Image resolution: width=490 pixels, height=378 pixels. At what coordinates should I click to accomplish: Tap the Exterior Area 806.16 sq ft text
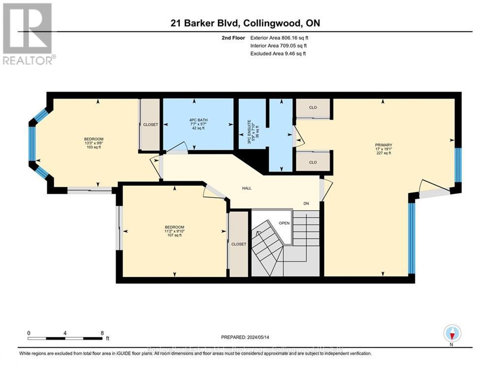(279, 37)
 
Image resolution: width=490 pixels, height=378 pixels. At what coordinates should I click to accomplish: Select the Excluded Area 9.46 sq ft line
(278, 53)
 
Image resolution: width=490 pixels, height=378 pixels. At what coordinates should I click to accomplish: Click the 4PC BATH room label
(198, 125)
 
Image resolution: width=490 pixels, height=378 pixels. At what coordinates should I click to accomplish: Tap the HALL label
(247, 188)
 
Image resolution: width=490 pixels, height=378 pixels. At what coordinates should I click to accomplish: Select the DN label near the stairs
(306, 203)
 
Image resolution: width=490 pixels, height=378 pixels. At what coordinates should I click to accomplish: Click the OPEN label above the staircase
(285, 222)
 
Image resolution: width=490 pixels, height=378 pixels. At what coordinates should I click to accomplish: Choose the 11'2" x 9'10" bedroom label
(174, 231)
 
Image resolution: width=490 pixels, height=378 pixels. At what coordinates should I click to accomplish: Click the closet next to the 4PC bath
(151, 125)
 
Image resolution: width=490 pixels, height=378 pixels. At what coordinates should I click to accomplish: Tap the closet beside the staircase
(239, 244)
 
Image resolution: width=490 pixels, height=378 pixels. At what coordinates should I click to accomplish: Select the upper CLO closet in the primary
(313, 108)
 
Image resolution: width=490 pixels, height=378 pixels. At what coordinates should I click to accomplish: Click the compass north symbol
(452, 334)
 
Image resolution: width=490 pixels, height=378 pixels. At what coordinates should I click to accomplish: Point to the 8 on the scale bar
(102, 333)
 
